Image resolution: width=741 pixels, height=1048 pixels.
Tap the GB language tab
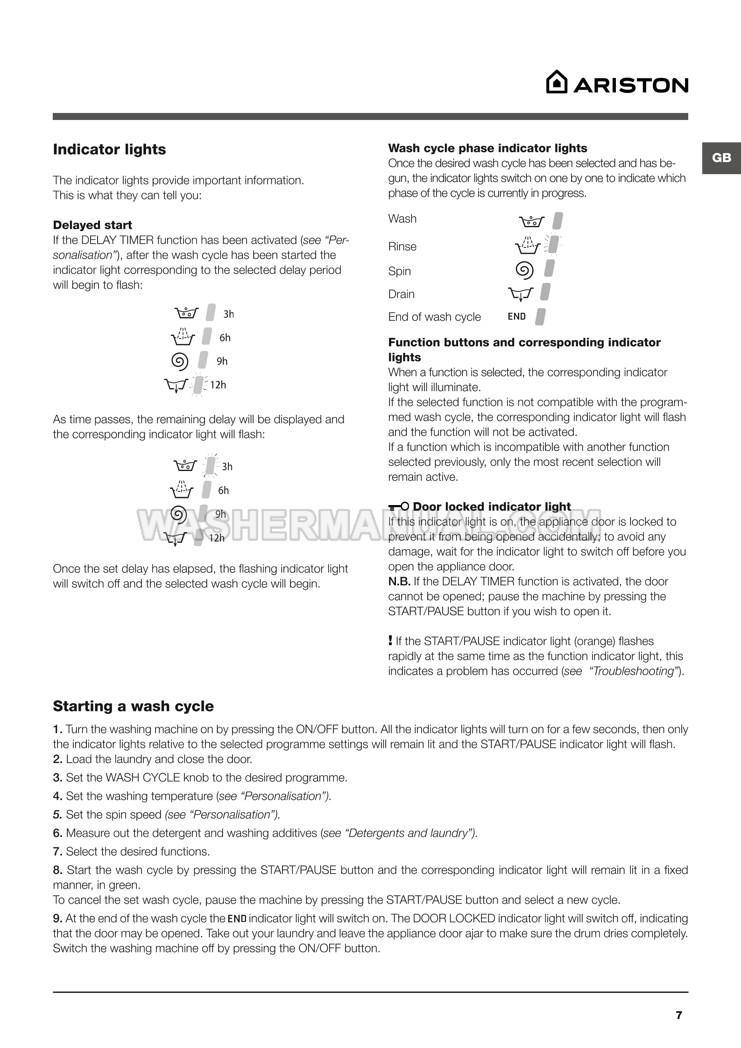tap(721, 158)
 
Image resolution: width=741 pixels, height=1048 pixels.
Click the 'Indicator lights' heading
tap(109, 149)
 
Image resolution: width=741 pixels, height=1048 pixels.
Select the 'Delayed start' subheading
tap(92, 225)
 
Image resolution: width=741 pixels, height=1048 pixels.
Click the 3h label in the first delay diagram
tap(228, 314)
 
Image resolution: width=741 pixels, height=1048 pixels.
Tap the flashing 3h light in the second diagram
tap(211, 465)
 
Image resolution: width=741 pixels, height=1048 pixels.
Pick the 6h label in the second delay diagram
tap(224, 490)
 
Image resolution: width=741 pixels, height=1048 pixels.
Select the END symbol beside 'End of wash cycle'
tap(516, 317)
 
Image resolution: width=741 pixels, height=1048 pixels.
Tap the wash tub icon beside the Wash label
tap(531, 221)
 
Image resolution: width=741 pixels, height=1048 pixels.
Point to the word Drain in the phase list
tap(401, 294)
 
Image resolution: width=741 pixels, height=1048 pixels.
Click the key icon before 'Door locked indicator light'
tap(399, 506)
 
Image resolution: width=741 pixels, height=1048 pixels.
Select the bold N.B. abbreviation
tap(399, 581)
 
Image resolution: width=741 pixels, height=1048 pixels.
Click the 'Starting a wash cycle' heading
tap(133, 706)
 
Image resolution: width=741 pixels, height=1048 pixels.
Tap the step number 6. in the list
tap(58, 833)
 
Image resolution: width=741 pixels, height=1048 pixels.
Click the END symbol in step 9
tap(237, 919)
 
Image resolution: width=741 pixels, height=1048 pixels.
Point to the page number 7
tap(679, 1015)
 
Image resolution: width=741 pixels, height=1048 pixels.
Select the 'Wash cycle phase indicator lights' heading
tap(487, 148)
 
